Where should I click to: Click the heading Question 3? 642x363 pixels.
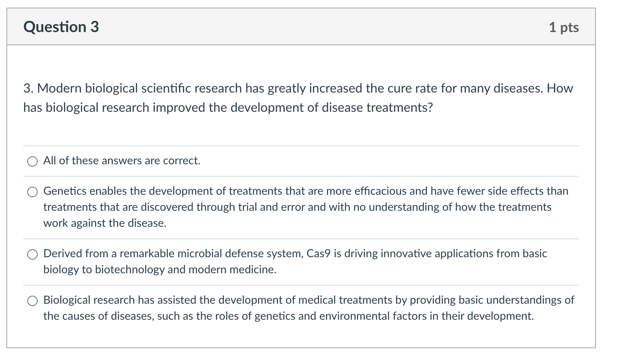(61, 27)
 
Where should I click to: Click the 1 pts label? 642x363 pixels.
(564, 28)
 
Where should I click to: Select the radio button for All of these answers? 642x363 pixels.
(32, 161)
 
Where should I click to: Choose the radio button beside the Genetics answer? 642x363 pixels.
(32, 192)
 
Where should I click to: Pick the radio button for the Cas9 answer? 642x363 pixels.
(32, 254)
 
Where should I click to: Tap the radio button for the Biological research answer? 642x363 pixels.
(32, 301)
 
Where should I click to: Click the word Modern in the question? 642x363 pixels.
(59, 88)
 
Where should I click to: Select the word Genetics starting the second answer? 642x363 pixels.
(65, 191)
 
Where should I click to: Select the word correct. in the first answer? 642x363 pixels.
(182, 161)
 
